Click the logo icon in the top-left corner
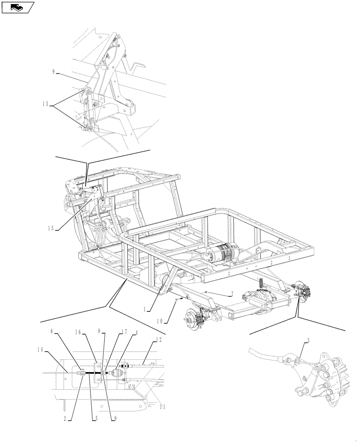click(18, 7)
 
